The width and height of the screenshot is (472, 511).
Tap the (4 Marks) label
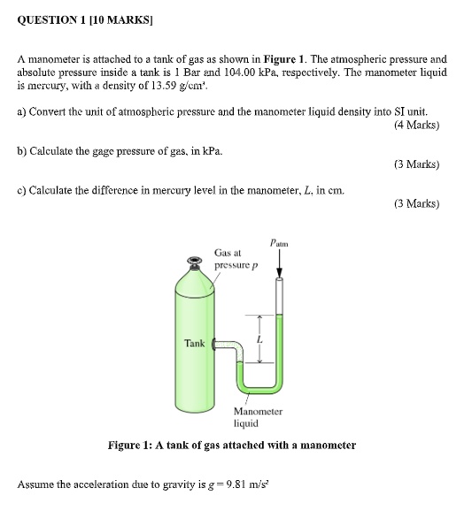[x=415, y=125]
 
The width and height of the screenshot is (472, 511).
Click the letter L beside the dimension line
[x=259, y=339]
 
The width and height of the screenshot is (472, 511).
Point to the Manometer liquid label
[x=258, y=417]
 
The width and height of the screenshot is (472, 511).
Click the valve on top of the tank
[x=195, y=261]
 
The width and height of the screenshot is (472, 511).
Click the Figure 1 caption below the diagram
[x=232, y=446]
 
